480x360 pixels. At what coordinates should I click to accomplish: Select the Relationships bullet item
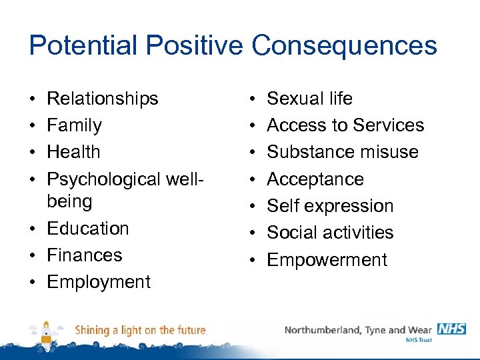pos(102,99)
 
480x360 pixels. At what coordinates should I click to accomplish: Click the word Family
pos(74,125)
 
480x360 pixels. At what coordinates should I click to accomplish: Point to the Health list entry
pos(73,152)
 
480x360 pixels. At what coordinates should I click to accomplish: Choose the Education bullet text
pos(87,228)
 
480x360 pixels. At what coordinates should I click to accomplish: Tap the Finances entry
pos(85,255)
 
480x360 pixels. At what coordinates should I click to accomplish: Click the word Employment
pos(99,281)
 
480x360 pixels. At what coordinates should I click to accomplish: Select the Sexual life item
pos(309,99)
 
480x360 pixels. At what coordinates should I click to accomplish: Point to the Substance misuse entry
pos(343,152)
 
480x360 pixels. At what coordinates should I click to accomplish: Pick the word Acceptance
pos(315,179)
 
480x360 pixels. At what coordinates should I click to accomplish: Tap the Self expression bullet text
pos(330,206)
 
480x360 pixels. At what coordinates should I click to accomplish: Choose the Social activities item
pos(330,233)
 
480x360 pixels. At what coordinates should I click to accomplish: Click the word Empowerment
pos(327,259)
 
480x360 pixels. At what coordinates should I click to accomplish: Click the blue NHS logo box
pos(451,329)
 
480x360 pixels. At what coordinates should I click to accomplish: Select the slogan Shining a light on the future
pos(140,330)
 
